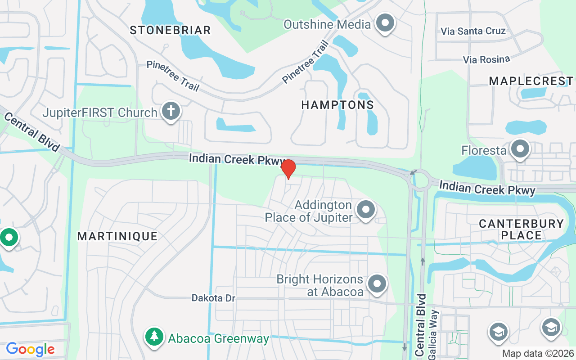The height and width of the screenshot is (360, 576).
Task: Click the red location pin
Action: point(288,169)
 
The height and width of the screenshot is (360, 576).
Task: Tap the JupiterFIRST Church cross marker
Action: point(171,111)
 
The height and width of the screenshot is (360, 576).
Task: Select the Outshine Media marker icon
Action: point(385,23)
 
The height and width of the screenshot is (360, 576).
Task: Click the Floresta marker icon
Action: point(520,149)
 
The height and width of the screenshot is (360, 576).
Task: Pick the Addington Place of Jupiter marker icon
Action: point(366,210)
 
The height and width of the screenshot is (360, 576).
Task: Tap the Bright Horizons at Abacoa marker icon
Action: point(377,284)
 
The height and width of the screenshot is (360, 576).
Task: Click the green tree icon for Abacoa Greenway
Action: point(154,337)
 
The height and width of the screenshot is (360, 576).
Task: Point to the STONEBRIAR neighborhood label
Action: point(171,30)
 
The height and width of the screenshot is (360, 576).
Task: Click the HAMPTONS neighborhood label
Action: point(337,105)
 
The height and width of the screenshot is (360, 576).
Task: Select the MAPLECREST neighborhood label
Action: point(531,81)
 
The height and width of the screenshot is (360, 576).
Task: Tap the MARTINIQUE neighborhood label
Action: point(117,236)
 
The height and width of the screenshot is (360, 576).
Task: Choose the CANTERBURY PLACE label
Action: point(521,229)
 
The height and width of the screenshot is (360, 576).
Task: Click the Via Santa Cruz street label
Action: point(473,31)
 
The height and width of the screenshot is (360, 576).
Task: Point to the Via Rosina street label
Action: point(486,59)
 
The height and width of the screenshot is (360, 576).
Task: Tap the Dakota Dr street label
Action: point(213,298)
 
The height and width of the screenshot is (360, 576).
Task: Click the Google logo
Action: point(30,349)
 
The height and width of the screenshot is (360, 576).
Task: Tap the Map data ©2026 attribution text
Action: point(538,353)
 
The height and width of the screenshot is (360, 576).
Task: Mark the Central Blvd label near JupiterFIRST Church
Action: point(31,132)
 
